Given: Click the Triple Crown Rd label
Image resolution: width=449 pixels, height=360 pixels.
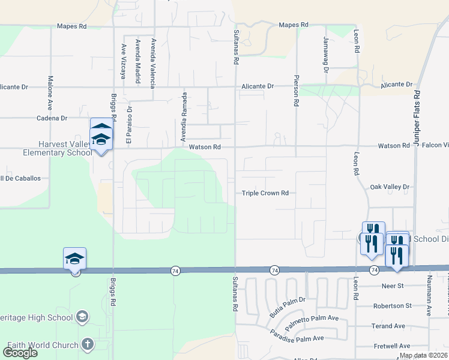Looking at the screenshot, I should click(x=265, y=193).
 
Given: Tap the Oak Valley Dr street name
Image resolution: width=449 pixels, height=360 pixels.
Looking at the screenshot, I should click(x=390, y=187).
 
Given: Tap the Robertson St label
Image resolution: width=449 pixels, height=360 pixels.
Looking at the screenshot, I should click(x=392, y=305).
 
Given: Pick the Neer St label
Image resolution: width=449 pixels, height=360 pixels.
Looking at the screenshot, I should click(x=391, y=286).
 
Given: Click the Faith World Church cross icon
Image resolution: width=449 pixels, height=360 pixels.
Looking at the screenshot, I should click(x=87, y=344).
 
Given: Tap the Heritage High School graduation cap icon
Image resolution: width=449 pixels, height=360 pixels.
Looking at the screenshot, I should click(x=82, y=316).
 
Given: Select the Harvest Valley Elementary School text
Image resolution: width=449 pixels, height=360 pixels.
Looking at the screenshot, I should click(x=45, y=148).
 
